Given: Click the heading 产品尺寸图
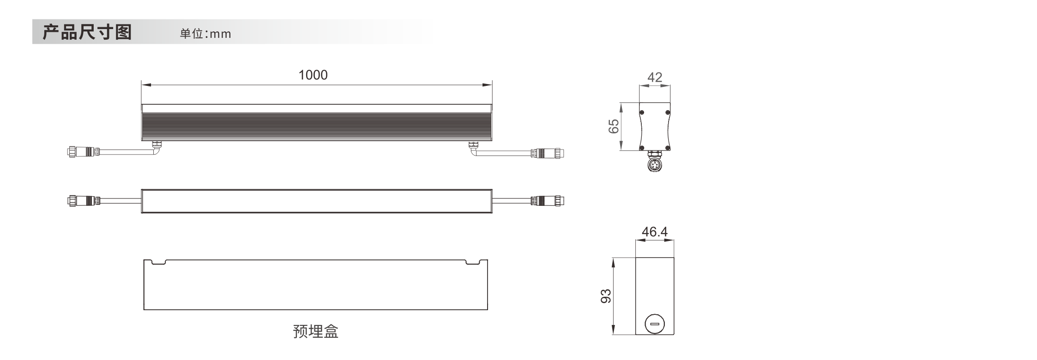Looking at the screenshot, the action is point(87,32).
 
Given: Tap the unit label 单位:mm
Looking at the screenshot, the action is point(205,34).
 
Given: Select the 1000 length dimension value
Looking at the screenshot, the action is point(313,75).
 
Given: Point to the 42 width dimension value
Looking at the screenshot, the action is point(655,77).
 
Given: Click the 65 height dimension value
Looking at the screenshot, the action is point(614,126).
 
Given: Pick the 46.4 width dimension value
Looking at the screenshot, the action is point(655,232).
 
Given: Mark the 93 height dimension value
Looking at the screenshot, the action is point(606,296).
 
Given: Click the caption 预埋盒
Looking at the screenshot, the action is point(316,331).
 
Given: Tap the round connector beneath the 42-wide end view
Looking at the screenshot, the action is point(655,164).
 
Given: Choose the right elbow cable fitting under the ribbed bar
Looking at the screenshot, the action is point(474,148).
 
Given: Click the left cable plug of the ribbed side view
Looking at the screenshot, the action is point(83,152).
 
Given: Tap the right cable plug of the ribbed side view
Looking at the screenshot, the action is point(548,153).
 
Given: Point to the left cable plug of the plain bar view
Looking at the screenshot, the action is point(83,201).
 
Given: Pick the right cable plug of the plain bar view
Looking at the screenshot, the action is point(548,201).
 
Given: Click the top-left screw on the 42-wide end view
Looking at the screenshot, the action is point(642,112).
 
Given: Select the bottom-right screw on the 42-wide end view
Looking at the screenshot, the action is point(668,148).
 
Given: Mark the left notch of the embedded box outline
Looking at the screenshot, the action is point(158,262).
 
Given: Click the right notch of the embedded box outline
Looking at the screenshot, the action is point(472,262).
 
